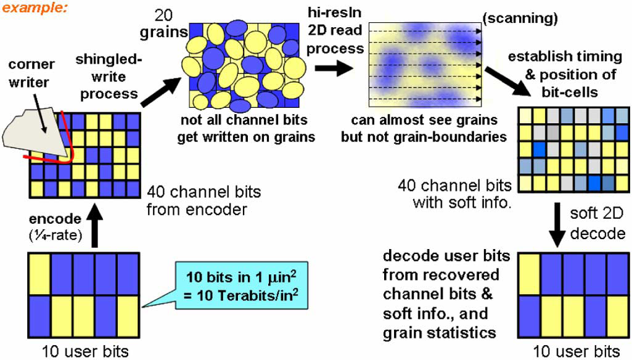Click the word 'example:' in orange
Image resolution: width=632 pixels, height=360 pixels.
tap(35, 7)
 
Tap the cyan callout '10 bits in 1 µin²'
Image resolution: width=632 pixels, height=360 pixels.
tap(242, 285)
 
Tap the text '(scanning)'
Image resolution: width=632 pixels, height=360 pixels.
tap(520, 18)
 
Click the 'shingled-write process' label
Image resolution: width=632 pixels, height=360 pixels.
tap(109, 76)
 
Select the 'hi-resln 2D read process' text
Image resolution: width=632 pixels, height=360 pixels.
tap(335, 31)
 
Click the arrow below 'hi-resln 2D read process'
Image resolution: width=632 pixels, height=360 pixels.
tap(334, 68)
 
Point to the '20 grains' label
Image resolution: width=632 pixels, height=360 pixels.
tap(163, 24)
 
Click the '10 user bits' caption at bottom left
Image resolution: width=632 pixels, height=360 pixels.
tap(85, 351)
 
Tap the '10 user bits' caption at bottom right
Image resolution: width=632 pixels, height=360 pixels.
tap(576, 351)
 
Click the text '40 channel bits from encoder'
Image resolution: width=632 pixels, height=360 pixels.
tap(203, 200)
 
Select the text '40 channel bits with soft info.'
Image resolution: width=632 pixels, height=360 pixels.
tap(454, 194)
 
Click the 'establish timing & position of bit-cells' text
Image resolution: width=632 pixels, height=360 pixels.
tap(565, 74)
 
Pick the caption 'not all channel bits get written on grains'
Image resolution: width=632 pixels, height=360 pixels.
tap(246, 128)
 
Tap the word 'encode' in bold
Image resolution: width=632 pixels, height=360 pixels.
tap(55, 219)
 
